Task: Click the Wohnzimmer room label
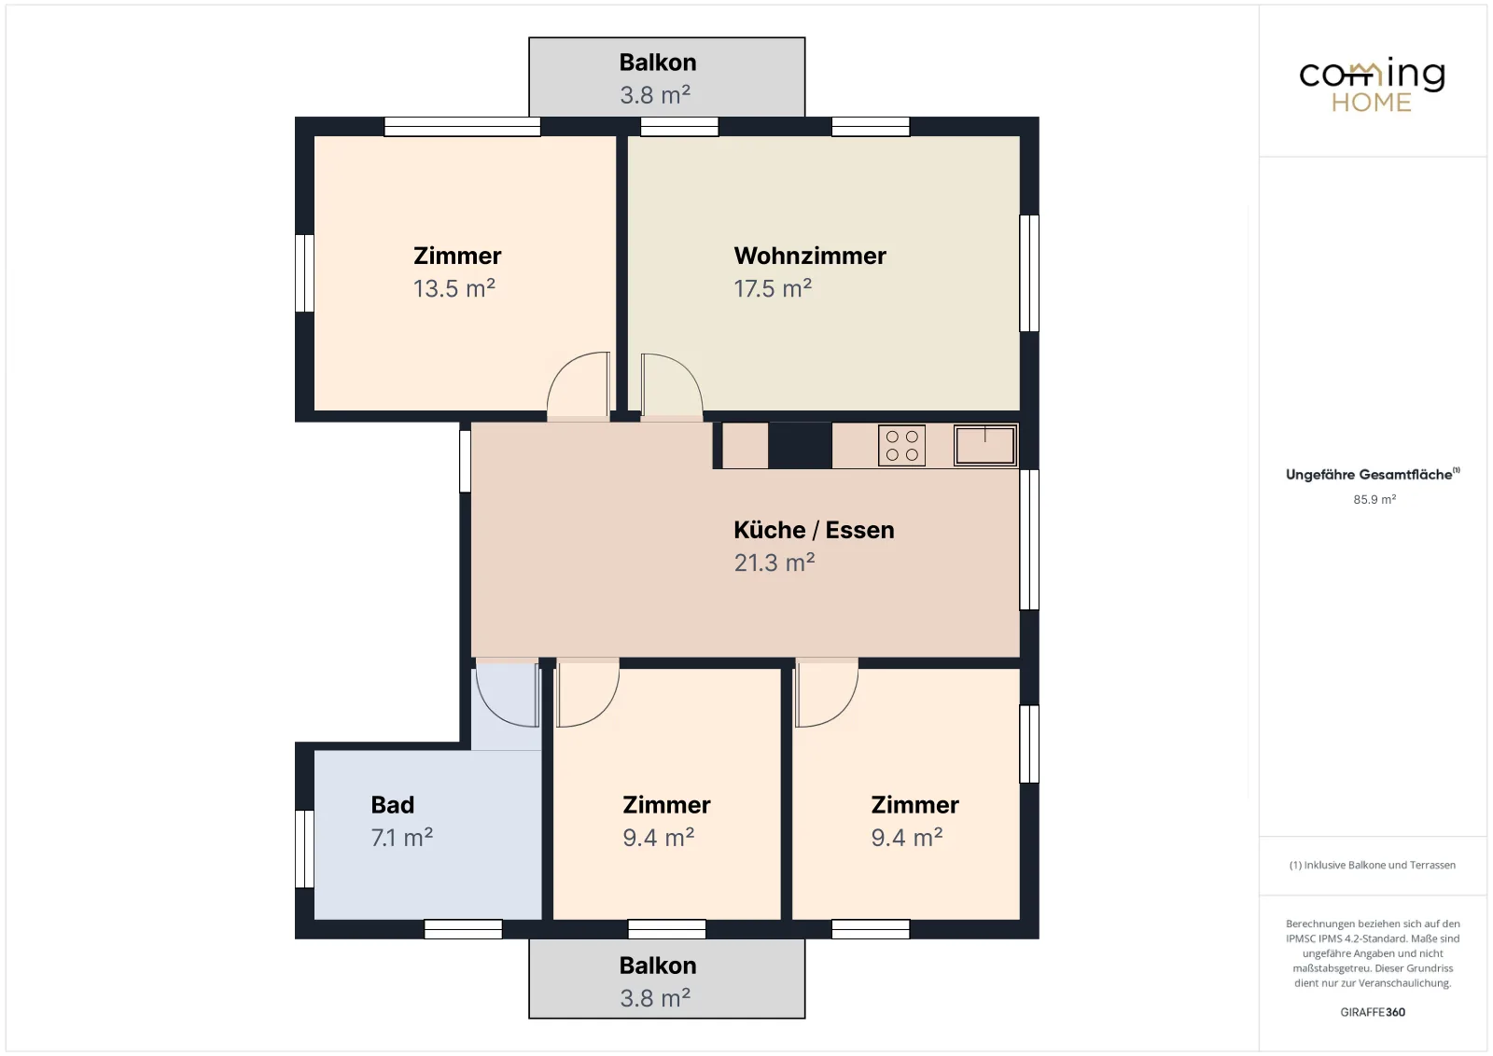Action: pos(810,256)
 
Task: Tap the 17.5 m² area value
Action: pos(773,288)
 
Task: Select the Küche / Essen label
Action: pos(814,530)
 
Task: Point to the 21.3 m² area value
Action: pos(774,563)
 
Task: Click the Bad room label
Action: pos(393,805)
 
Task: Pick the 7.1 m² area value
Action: pos(402,838)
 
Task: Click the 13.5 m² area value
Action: pos(453,288)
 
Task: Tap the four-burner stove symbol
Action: pos(901,446)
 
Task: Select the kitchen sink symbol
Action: pos(985,445)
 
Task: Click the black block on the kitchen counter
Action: pos(800,446)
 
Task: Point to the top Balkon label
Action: pos(658,63)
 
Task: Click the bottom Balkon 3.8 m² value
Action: pos(655,998)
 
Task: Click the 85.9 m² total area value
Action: pos(1374,500)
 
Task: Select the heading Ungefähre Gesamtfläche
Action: pos(1369,475)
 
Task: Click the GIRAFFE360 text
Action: pos(1373,1012)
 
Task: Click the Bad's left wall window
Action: pos(304,849)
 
